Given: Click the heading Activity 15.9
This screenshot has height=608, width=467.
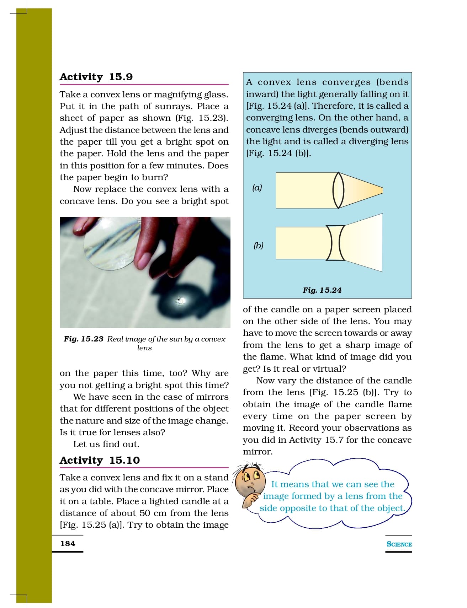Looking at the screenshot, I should tap(96, 77).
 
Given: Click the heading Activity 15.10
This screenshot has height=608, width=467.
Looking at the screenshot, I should tap(100, 461).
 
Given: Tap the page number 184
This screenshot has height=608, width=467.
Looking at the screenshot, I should tap(68, 544).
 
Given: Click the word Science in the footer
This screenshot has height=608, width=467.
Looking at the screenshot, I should tap(399, 544).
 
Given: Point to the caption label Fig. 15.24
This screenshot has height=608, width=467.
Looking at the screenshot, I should tap(322, 290).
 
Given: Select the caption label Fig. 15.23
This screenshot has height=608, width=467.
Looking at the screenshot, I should tap(84, 339).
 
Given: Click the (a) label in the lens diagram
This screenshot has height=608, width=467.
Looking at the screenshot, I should tap(257, 188).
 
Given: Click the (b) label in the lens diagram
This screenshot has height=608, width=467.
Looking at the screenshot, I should tap(258, 246).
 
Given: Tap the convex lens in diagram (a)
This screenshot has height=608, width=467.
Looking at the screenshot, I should tap(338, 190).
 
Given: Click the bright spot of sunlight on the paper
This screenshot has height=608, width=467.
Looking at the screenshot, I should tap(181, 301).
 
